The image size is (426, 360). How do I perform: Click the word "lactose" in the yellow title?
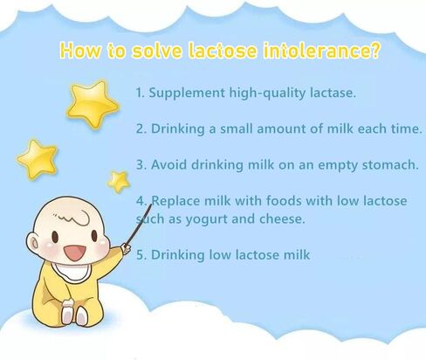tap(223, 50)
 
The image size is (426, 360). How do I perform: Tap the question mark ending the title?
tap(375, 50)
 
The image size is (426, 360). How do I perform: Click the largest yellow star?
tap(93, 104)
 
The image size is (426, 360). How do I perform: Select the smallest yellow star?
tap(119, 182)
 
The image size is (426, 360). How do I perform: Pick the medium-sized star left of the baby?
tap(38, 159)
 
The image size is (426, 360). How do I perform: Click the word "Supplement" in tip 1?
tap(187, 93)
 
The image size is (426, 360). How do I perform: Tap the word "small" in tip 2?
tap(236, 128)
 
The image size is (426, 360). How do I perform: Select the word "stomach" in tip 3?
tap(389, 165)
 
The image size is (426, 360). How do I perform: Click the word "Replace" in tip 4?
tap(175, 201)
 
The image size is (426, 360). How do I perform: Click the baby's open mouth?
tap(75, 253)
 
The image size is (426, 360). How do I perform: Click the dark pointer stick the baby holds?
tap(138, 225)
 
